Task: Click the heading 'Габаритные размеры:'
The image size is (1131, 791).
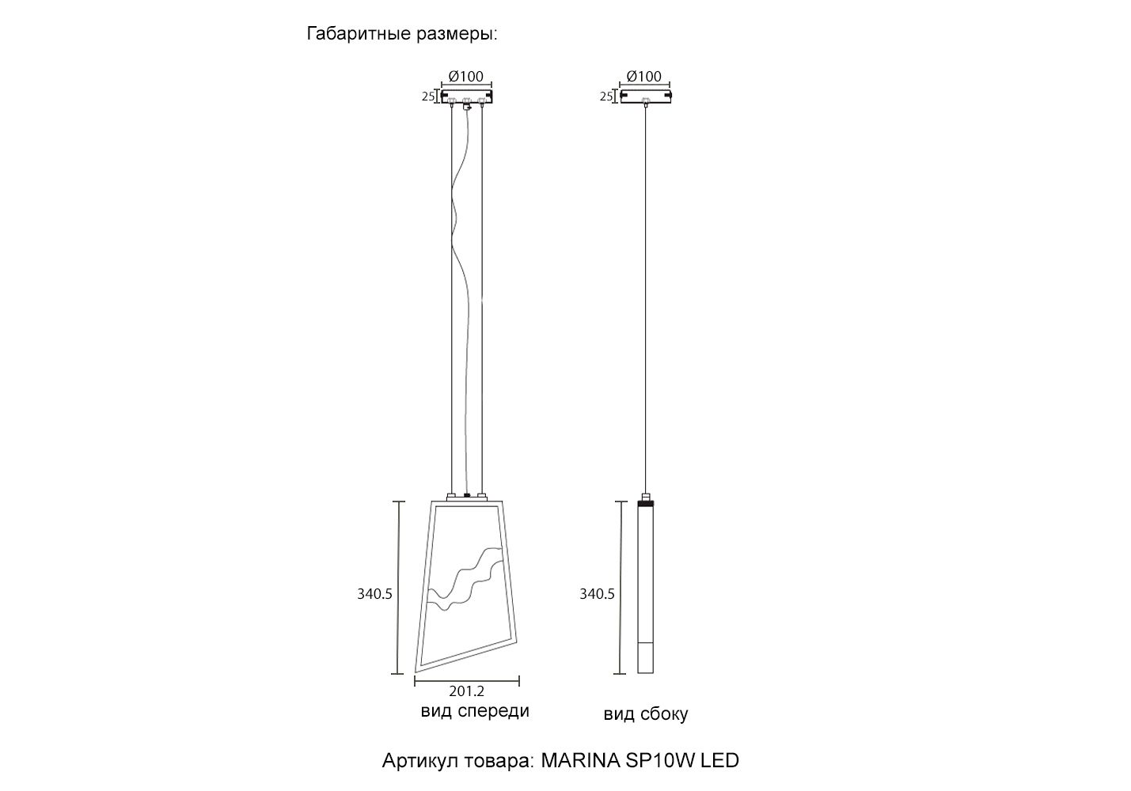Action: [x=402, y=34]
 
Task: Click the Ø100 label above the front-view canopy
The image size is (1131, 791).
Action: [x=466, y=77]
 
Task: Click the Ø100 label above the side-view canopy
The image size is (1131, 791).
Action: [x=643, y=77]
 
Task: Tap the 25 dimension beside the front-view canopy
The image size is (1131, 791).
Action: [x=428, y=96]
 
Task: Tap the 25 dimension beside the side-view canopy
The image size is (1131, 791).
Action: [x=606, y=96]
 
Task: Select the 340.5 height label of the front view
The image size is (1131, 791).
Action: [x=374, y=594]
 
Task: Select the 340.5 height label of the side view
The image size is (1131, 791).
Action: [x=597, y=594]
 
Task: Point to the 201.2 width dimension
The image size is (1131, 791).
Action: [x=466, y=691]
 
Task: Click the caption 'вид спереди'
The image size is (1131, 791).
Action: [x=475, y=711]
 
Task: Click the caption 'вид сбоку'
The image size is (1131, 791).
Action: [x=646, y=714]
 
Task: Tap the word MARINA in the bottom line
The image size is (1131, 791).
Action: [x=580, y=760]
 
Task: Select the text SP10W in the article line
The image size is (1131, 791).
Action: [x=659, y=760]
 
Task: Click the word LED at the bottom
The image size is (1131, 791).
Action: [x=719, y=760]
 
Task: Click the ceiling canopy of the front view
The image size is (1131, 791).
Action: [x=467, y=97]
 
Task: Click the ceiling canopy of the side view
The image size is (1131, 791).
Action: [x=646, y=97]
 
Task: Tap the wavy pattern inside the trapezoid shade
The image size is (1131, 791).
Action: [x=465, y=579]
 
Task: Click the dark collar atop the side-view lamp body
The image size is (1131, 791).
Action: [x=646, y=503]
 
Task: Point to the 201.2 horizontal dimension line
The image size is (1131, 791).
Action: [x=467, y=681]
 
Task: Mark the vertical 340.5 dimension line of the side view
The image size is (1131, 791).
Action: [x=620, y=587]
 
